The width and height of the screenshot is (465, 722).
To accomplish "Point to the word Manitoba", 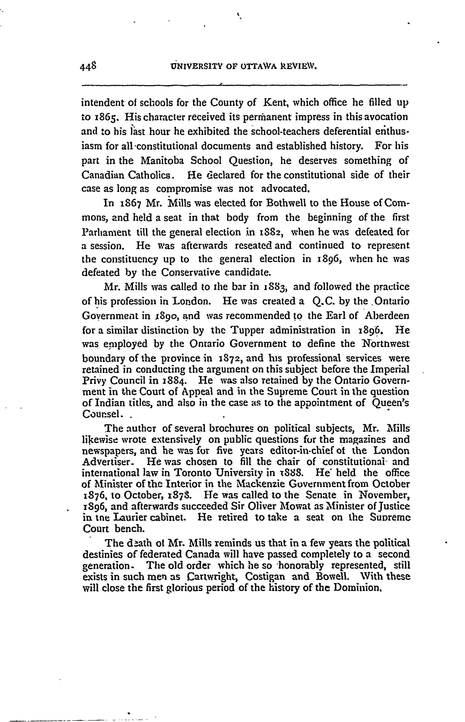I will point(162,160).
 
